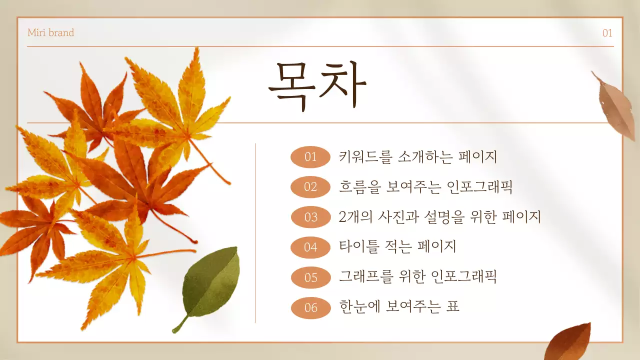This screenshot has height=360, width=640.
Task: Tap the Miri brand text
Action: pyautogui.click(x=50, y=33)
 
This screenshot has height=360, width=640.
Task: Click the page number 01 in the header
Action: pyautogui.click(x=607, y=33)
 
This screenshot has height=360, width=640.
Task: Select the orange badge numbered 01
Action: pyautogui.click(x=310, y=157)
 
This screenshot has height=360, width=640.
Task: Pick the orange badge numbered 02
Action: pyautogui.click(x=310, y=187)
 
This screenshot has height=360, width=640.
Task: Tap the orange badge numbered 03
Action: pyautogui.click(x=310, y=217)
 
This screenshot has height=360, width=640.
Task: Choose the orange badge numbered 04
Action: pyautogui.click(x=310, y=247)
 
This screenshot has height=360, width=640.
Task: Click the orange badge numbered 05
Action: pyautogui.click(x=310, y=277)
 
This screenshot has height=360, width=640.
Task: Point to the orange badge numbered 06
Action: pyautogui.click(x=310, y=307)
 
